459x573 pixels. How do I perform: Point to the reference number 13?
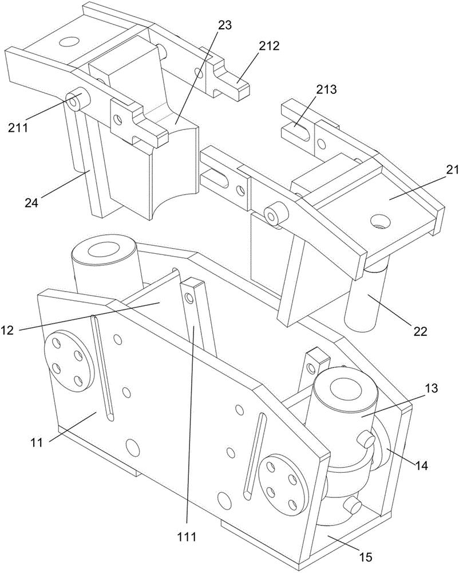point(432,388)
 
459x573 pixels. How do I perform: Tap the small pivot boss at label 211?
point(76,101)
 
